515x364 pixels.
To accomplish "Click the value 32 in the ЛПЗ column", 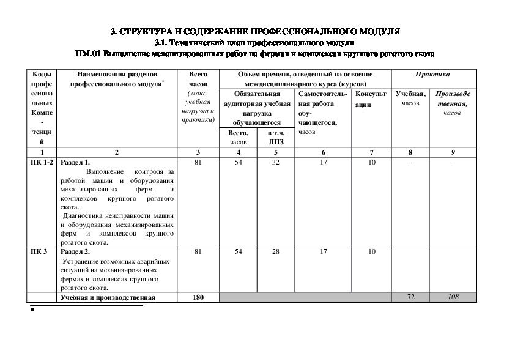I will pyautogui.click(x=276, y=162).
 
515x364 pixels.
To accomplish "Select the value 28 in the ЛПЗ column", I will pyautogui.click(x=276, y=251).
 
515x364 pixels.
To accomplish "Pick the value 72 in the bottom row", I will pyautogui.click(x=411, y=297).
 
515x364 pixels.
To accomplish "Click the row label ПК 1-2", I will pyautogui.click(x=42, y=162).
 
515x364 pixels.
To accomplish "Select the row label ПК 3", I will pyautogui.click(x=39, y=251).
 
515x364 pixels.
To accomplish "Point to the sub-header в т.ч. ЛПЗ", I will pyautogui.click(x=276, y=137).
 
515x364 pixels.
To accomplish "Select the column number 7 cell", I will pyautogui.click(x=371, y=152).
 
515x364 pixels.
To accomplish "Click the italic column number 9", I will pyautogui.click(x=453, y=152).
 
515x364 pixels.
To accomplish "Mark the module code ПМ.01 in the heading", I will pyautogui.click(x=87, y=54).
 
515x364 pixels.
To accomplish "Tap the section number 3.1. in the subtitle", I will pyautogui.click(x=162, y=42).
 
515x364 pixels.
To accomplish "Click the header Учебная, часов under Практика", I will pyautogui.click(x=410, y=98).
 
